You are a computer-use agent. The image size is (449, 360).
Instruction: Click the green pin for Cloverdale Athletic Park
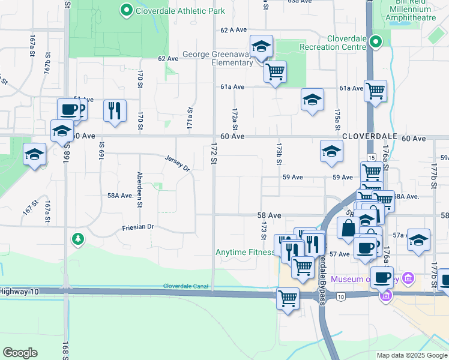coord(126,10)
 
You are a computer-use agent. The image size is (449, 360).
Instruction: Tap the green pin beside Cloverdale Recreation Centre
coord(376,42)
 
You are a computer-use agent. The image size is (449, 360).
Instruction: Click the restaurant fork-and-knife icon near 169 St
coord(114,111)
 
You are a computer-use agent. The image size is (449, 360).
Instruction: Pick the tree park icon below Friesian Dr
coord(77,239)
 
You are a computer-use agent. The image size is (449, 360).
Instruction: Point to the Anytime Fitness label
coord(245,252)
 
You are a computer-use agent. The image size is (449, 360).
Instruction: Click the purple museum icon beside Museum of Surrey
coord(409,278)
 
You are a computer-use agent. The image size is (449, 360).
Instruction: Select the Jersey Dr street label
coord(177,162)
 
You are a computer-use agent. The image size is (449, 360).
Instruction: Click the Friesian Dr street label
coord(138,227)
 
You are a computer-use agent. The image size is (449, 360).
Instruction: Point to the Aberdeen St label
coord(139,190)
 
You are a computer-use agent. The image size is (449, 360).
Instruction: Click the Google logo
coord(20,353)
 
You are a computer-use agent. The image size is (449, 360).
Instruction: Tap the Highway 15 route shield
coord(372,157)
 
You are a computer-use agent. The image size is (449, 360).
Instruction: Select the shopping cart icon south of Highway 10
coord(288,297)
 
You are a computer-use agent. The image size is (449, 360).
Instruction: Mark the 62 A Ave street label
coord(234,30)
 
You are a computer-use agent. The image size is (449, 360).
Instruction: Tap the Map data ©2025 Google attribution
coord(411,355)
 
